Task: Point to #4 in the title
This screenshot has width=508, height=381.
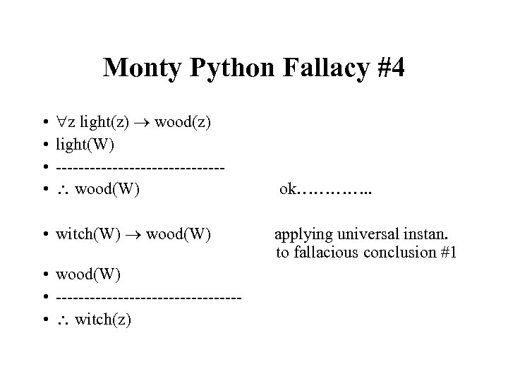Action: click(x=387, y=68)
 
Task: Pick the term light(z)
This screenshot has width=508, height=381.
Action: click(x=104, y=122)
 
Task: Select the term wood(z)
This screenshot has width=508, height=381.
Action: click(x=183, y=122)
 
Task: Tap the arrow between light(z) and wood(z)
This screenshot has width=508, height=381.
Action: click(x=142, y=123)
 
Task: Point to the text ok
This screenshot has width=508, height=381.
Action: click(x=288, y=189)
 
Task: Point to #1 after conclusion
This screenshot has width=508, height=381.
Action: click(x=446, y=253)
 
